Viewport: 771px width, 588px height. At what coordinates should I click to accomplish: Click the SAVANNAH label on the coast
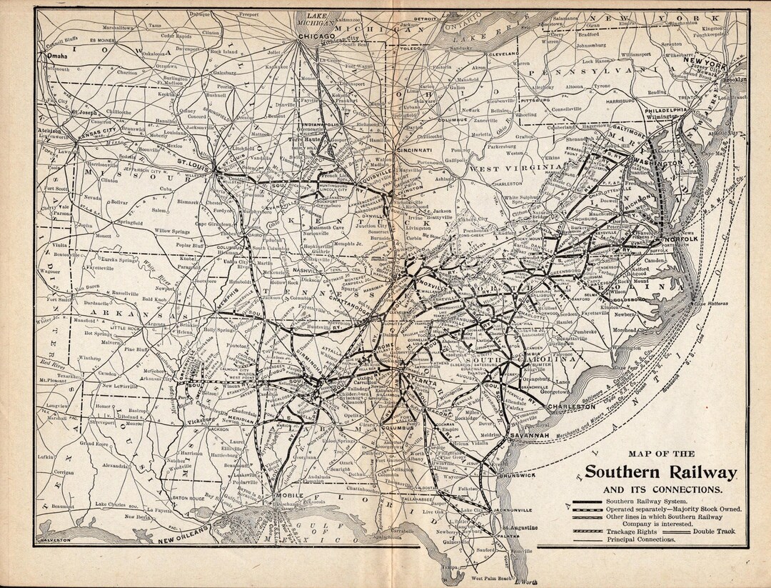click(x=528, y=436)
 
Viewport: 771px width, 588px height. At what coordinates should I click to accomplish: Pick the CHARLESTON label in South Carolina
click(x=570, y=406)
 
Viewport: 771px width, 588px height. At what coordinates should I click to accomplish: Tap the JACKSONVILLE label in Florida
click(x=511, y=509)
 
